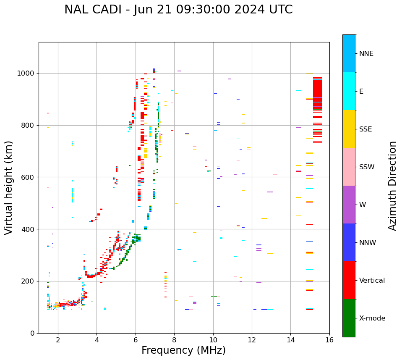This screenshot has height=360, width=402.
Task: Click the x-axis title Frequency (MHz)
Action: click(x=183, y=350)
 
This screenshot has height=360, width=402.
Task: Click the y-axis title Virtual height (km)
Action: click(x=9, y=188)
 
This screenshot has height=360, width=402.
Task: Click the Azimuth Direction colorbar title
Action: click(x=392, y=186)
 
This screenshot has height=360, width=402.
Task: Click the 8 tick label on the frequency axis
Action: click(x=174, y=340)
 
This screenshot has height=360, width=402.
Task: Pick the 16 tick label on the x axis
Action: click(x=329, y=340)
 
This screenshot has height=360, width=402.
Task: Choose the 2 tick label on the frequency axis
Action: click(x=58, y=340)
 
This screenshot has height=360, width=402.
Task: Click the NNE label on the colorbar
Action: click(x=366, y=54)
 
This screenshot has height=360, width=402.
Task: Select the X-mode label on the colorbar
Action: click(x=372, y=318)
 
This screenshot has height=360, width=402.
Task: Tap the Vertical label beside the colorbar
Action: click(x=372, y=281)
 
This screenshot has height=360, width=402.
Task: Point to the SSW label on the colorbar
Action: click(x=367, y=167)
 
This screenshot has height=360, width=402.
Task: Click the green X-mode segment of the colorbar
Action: click(x=349, y=318)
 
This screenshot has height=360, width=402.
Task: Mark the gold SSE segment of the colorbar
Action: click(x=349, y=129)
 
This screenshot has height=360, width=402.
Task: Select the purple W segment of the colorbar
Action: click(x=349, y=205)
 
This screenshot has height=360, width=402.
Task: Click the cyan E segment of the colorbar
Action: click(x=349, y=91)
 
